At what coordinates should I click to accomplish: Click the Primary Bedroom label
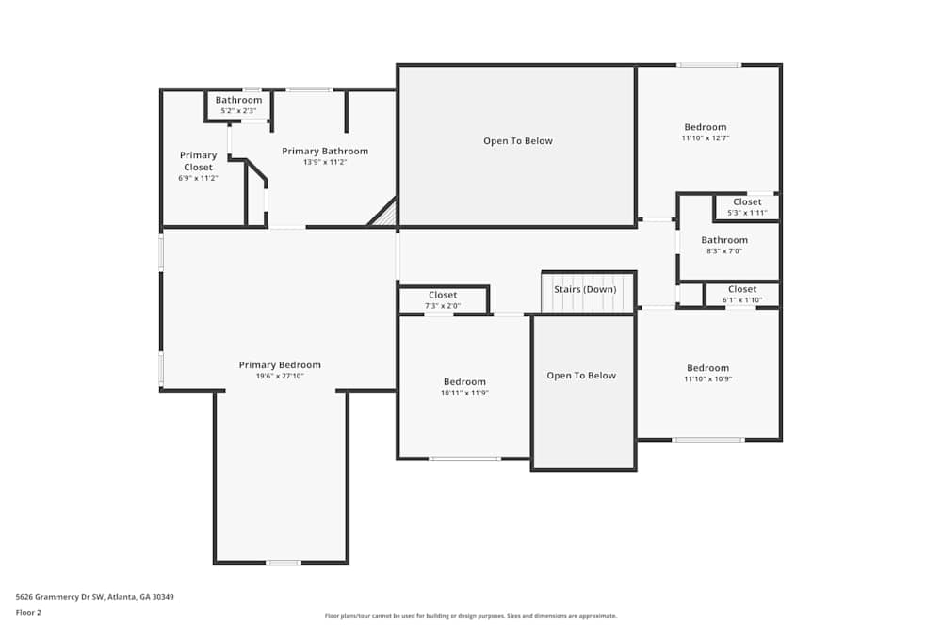[280, 365]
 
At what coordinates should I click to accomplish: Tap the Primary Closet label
[198, 161]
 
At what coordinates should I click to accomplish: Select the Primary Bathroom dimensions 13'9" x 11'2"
[325, 162]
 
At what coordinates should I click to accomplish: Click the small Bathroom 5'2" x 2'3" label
[238, 101]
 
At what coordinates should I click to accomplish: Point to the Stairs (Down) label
[585, 289]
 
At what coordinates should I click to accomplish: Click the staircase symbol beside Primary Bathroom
[382, 214]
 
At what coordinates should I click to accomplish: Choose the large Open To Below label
[517, 141]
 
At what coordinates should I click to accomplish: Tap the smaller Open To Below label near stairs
[581, 376]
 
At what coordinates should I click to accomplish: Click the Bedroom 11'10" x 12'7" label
[706, 128]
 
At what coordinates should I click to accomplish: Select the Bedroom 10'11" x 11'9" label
[465, 382]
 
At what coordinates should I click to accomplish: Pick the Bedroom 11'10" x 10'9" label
[707, 368]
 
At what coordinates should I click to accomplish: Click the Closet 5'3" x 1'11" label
[747, 202]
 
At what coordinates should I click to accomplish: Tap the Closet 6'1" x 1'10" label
[742, 290]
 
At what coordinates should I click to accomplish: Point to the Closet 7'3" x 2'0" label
[443, 296]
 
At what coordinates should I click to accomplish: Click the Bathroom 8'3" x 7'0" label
[724, 240]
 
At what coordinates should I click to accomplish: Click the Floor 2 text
[28, 612]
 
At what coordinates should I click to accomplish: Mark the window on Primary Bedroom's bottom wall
[283, 563]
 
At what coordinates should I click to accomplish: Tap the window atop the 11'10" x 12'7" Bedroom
[708, 65]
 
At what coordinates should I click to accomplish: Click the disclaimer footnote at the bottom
[484, 616]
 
